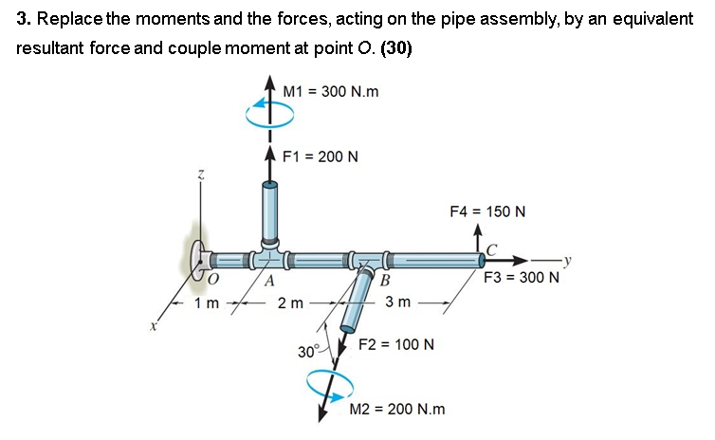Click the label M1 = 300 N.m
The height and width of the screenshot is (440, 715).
tap(331, 91)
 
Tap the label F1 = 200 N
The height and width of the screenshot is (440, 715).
tap(319, 156)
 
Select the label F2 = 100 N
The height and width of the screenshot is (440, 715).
tap(395, 343)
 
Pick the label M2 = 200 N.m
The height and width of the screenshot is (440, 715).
tap(397, 409)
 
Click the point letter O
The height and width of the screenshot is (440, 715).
tap(213, 279)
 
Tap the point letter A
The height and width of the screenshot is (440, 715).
tap(269, 280)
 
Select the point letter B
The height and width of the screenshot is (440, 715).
tap(384, 280)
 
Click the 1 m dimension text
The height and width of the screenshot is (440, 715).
tap(206, 303)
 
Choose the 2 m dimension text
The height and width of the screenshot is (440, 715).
tap(289, 303)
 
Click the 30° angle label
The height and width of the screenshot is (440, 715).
tap(307, 352)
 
